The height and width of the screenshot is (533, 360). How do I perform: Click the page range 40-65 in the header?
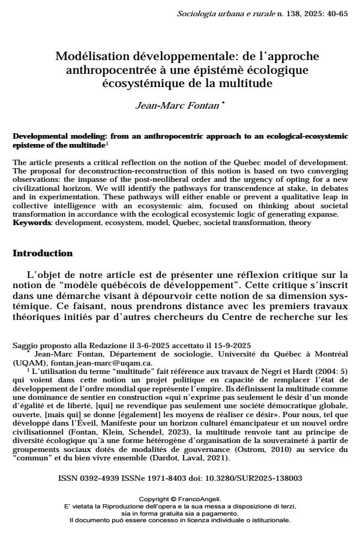[335, 13]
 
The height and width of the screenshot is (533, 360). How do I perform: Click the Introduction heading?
[43, 253]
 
